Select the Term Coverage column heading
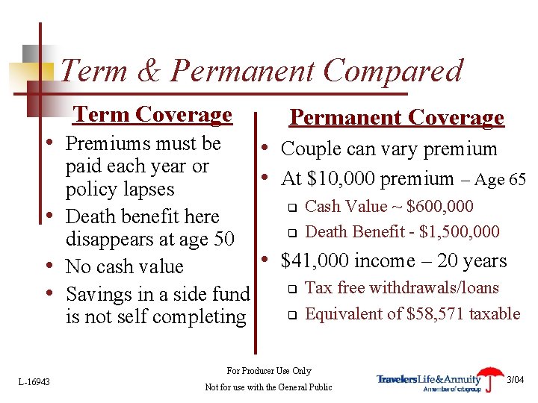click(152, 114)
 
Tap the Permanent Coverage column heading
click(397, 117)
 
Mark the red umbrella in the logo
click(491, 375)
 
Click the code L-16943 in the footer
click(34, 382)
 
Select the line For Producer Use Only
click(268, 371)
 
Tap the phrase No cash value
click(124, 266)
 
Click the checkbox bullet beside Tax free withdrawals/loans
click(294, 289)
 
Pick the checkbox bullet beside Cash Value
click(294, 207)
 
